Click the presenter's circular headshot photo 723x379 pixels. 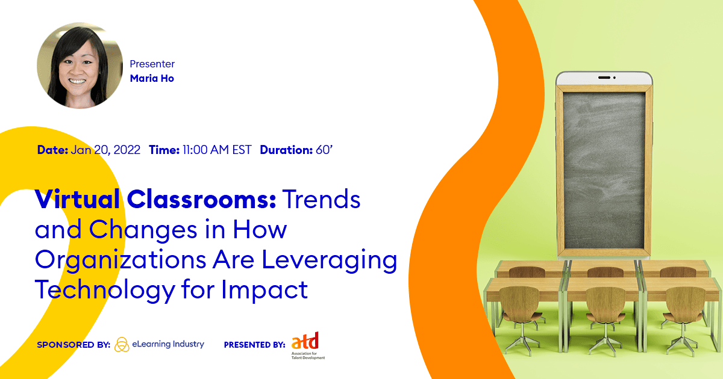(80, 66)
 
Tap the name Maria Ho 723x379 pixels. (152, 78)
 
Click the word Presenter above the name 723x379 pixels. (152, 64)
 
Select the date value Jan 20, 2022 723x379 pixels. (105, 150)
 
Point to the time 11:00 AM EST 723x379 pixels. (217, 150)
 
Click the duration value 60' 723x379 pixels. (324, 150)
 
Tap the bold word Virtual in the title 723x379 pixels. (78, 199)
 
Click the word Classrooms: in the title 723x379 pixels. (201, 199)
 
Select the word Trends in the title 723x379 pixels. (322, 199)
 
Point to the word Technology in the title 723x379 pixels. (105, 290)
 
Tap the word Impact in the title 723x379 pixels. (264, 290)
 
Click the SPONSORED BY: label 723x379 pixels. (74, 345)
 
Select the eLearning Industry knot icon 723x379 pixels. (122, 345)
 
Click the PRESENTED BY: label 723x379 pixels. (255, 345)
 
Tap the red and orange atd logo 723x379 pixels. (305, 341)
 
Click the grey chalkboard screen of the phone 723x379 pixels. (604, 171)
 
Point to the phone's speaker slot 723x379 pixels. (604, 78)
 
